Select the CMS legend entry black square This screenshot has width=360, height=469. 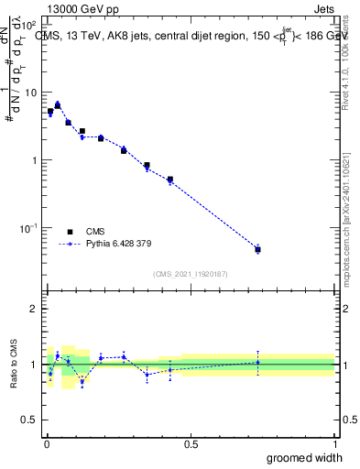[70, 233]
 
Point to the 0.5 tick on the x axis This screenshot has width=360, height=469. [191, 444]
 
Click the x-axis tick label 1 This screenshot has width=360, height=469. [335, 444]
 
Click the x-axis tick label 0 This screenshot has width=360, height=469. [46, 444]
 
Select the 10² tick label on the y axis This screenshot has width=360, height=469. [30, 26]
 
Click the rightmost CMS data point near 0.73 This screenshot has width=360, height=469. [257, 249]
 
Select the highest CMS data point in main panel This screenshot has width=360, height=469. [58, 105]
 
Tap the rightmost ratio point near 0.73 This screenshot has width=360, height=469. [257, 362]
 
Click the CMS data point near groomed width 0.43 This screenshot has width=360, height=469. [170, 180]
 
